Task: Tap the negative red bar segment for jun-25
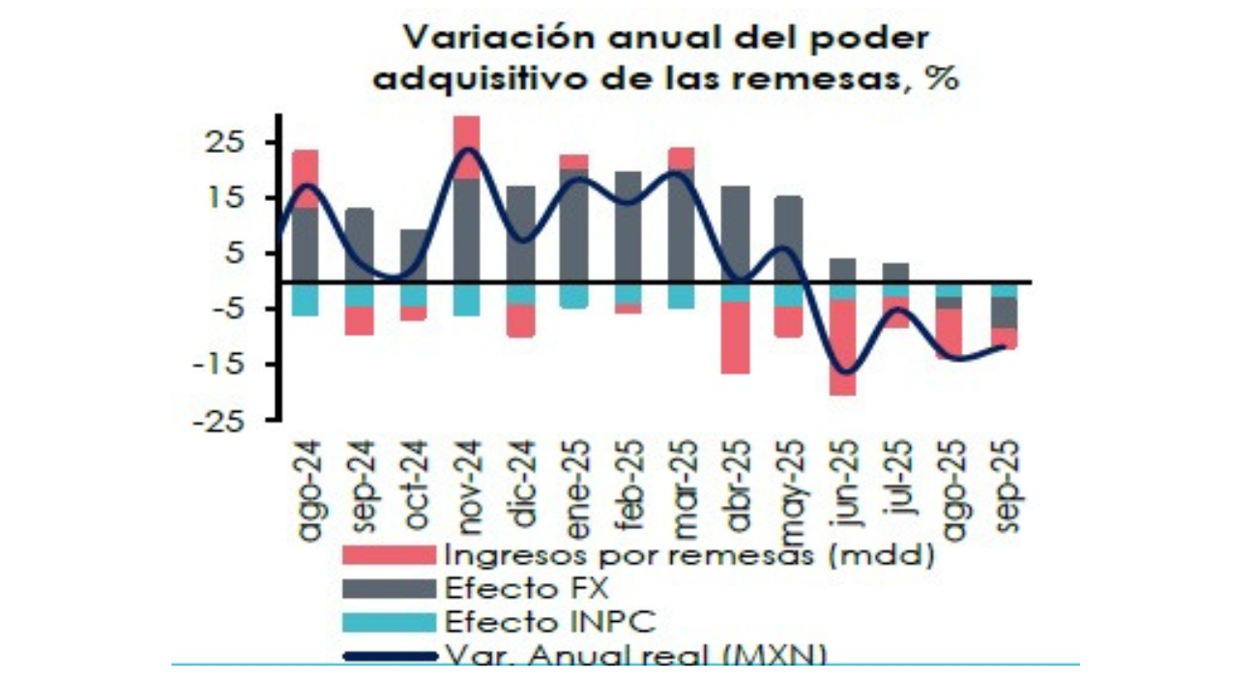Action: click(x=842, y=347)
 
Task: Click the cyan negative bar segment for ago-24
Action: click(x=306, y=299)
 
